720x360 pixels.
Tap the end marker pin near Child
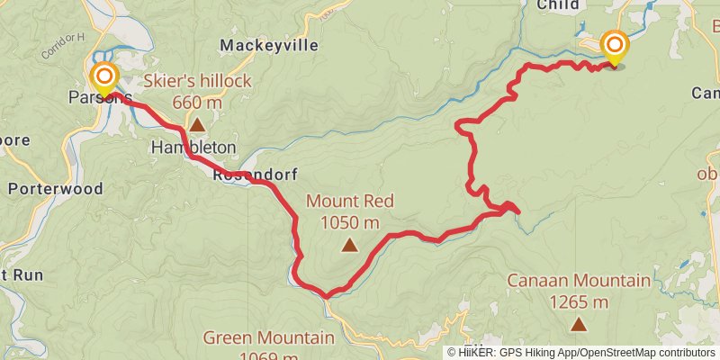pos(615,47)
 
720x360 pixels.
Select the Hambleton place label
pos(193,147)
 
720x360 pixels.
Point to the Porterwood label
pos(55,189)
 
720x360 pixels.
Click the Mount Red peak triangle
pos(348,244)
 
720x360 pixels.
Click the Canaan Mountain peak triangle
pos(578,323)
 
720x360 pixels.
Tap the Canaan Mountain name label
pos(578,281)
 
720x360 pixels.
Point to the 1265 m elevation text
pos(578,301)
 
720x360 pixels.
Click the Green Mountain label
pos(268,338)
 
